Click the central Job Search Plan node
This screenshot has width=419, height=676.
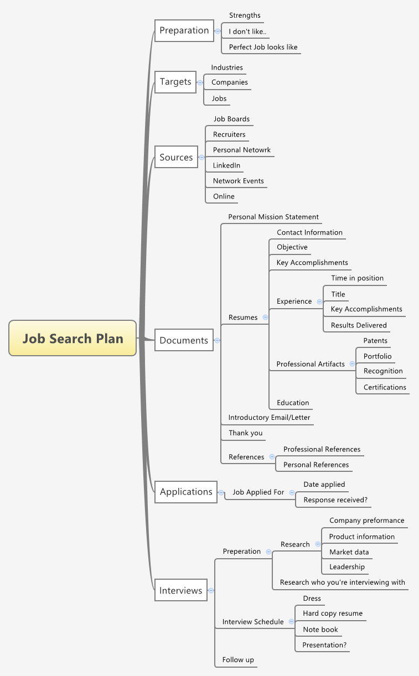point(73,338)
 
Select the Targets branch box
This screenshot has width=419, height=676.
point(175,82)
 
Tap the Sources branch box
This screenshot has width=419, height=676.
point(176,158)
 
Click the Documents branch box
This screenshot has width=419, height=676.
point(184,341)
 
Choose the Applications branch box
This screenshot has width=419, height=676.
point(186,492)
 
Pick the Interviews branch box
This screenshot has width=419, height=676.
point(181,591)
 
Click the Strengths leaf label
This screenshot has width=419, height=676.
point(245,15)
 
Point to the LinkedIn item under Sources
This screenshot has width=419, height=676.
point(226,165)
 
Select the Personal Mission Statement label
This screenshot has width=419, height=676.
point(273,217)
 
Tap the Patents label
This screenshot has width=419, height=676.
point(375,341)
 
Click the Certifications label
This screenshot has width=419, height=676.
point(385,387)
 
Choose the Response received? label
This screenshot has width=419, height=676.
point(335,500)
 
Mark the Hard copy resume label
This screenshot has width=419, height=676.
point(333,613)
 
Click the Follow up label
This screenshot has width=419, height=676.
point(238,660)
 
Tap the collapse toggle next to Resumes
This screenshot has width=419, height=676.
point(266,318)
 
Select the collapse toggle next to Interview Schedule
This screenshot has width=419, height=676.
point(292,622)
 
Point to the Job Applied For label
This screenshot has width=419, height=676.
point(258,492)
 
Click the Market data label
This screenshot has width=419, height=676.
point(349,552)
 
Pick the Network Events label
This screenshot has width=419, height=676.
point(238,181)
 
